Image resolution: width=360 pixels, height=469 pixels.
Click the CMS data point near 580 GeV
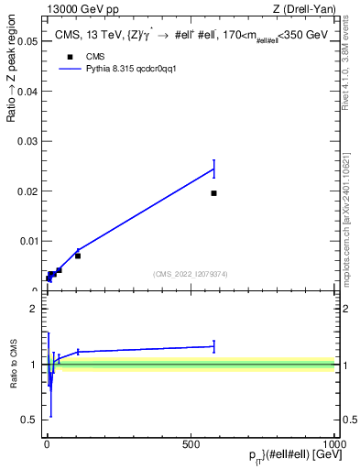click(213, 193)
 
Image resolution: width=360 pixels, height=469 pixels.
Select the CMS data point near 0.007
click(78, 256)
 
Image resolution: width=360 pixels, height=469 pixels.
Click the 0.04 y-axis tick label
click(27, 92)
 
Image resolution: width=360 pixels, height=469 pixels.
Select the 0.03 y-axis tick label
click(27, 142)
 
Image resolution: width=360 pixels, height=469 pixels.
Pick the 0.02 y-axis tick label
click(27, 191)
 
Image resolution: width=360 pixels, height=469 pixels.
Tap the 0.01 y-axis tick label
click(27, 242)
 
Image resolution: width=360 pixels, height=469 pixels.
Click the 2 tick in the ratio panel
click(34, 309)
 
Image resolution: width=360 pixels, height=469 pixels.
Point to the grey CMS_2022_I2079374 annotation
click(191, 273)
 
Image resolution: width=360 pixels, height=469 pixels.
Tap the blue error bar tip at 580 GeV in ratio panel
click(213, 341)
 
